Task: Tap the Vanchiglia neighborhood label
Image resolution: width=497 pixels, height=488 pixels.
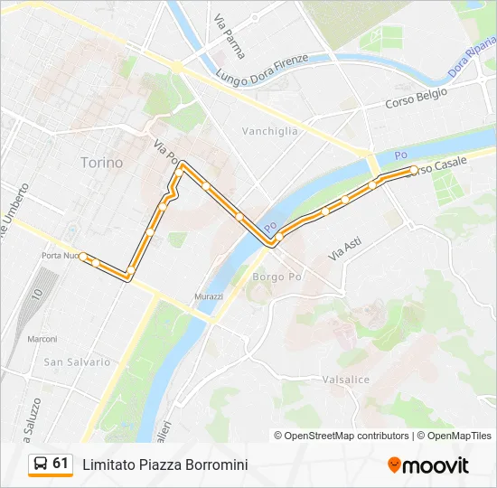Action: point(269,131)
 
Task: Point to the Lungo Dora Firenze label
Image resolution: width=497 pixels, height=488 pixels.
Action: point(262,69)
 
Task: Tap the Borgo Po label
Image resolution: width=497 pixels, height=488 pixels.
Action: point(276,276)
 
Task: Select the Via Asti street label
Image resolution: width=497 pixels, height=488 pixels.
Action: point(344,248)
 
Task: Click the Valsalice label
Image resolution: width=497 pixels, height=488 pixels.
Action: point(344,380)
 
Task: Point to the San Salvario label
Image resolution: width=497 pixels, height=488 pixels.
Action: point(77,361)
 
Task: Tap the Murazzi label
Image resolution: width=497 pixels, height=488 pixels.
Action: point(208,296)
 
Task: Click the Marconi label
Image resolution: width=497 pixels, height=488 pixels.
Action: point(42,339)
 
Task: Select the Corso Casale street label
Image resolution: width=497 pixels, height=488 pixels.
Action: point(436,167)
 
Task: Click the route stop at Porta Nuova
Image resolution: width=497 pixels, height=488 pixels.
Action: point(83,257)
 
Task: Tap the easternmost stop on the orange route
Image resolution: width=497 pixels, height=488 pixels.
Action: point(414,170)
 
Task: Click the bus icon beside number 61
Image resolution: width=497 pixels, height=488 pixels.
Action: point(41,464)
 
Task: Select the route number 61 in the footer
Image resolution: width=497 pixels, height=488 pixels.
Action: point(61,464)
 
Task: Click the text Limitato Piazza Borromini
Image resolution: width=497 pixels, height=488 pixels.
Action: point(164,465)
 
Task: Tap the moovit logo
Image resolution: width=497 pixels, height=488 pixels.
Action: point(428,465)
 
